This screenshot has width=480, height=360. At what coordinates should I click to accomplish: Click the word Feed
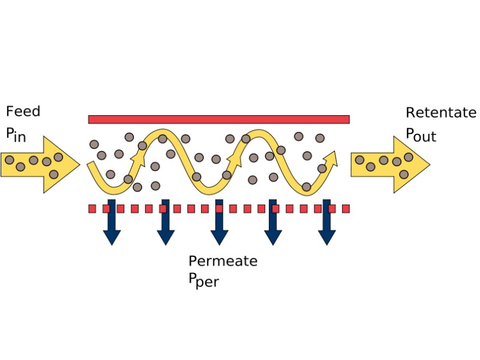tap(23, 112)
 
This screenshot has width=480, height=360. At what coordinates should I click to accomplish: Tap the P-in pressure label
tap(17, 134)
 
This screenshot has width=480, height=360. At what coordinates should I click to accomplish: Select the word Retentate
tap(440, 113)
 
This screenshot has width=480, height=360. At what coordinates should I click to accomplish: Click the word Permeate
tap(223, 261)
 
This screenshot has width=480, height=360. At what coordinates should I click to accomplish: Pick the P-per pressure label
tap(203, 280)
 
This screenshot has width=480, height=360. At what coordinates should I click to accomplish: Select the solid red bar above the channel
tap(218, 119)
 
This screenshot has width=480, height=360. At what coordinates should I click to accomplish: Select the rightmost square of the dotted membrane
tap(346, 209)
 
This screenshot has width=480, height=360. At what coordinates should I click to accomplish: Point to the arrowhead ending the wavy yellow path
tap(331, 158)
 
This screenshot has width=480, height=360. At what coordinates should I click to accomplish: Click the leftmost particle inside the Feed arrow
tap(9, 160)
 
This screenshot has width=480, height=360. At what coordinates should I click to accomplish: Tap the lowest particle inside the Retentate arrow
tap(404, 174)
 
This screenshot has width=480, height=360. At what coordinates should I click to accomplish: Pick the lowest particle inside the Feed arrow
tap(53, 174)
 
